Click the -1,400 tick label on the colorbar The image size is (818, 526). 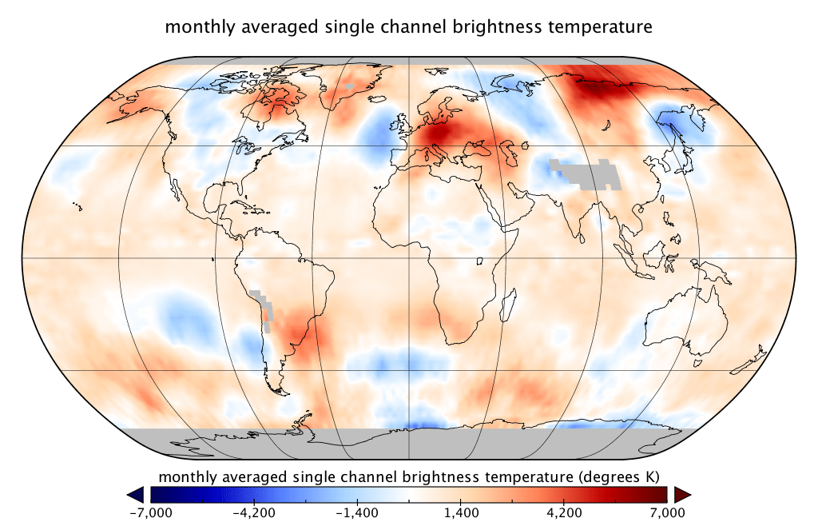coord(357,512)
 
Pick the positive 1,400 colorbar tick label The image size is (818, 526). coord(461,512)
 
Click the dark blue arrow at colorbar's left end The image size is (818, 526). coord(136,493)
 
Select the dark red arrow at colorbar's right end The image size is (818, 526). coord(681,493)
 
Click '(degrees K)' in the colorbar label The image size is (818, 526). coord(620,477)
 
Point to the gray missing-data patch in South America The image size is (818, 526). coord(264,308)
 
